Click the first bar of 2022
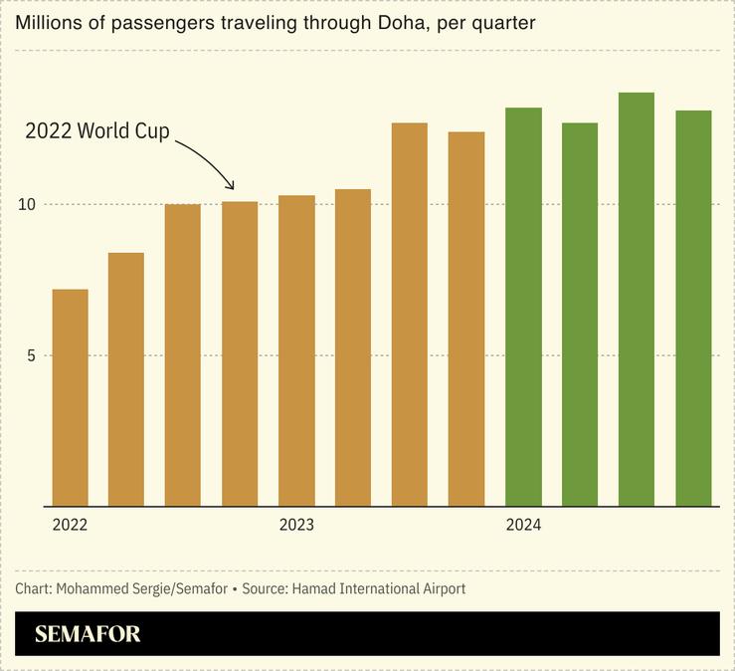(x=70, y=397)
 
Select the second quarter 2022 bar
(x=126, y=379)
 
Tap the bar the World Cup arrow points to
(x=240, y=353)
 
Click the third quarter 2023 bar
(x=410, y=315)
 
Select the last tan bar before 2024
(x=466, y=319)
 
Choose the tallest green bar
(x=637, y=299)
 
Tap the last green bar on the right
(x=693, y=308)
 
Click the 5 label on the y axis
(x=31, y=355)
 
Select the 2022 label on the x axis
(x=70, y=525)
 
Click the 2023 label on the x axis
(x=296, y=525)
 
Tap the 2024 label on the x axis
(x=523, y=525)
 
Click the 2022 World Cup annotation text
(x=97, y=131)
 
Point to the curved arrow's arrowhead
(x=232, y=186)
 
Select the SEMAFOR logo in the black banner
(x=88, y=634)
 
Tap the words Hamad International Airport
(x=378, y=588)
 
